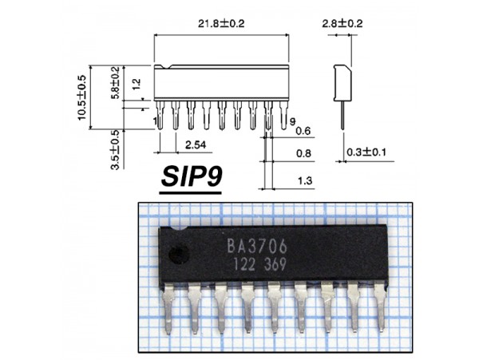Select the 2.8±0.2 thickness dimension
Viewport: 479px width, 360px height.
pos(342,24)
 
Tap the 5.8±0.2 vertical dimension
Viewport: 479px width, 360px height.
pos(115,82)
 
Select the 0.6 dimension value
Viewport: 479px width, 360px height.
pos(303,131)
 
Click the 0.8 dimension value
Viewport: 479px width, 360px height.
pos(303,153)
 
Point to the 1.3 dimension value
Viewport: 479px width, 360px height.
pos(303,181)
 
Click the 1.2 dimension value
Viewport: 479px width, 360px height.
pos(137,83)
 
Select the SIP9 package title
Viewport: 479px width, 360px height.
pos(192,177)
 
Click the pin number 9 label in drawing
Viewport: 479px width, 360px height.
pos(293,120)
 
